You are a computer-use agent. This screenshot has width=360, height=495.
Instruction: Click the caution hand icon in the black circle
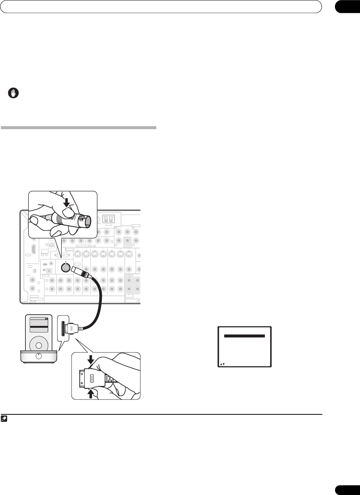13,93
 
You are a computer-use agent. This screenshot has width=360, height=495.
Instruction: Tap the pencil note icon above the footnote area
4,419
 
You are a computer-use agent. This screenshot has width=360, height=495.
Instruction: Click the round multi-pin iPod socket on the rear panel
66,268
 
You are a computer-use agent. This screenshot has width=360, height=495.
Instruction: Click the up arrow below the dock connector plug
90,393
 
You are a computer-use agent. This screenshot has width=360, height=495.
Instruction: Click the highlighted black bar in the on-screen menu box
244,336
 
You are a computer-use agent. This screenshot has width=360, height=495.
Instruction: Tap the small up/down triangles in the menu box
222,364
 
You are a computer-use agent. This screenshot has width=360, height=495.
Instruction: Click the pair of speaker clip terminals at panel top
108,220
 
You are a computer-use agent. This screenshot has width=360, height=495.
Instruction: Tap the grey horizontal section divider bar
78,128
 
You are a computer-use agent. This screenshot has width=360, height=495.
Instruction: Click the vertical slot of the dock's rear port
63,329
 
